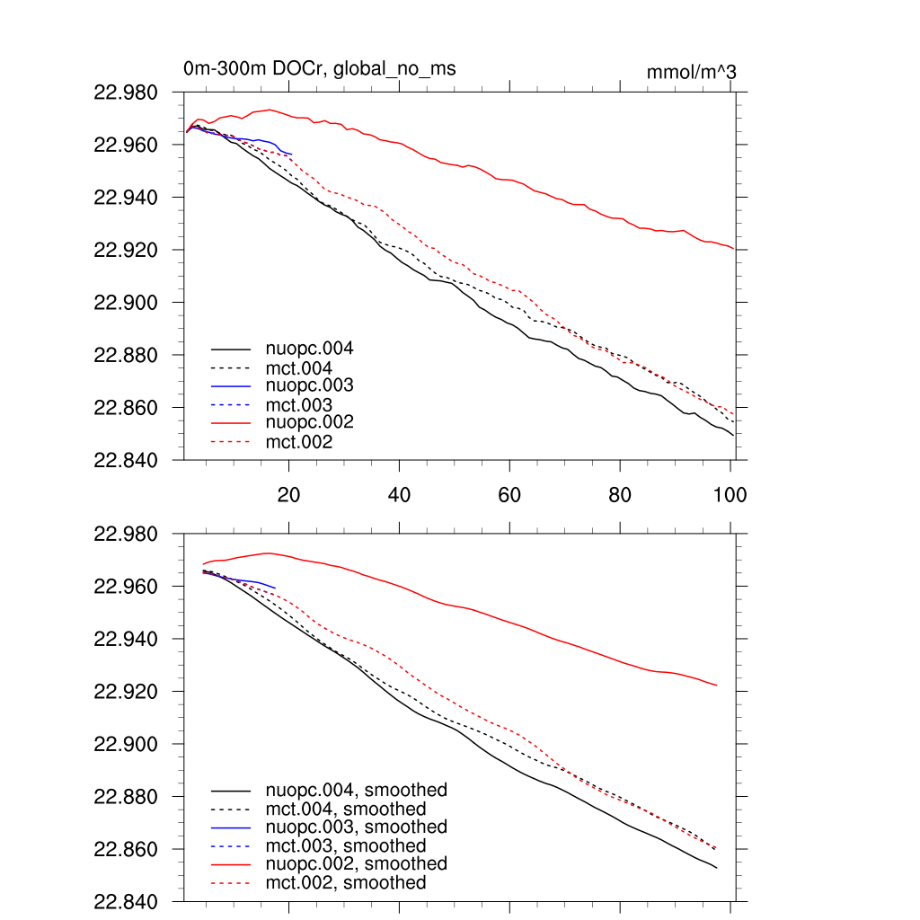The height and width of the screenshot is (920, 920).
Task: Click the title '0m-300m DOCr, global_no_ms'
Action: [325, 68]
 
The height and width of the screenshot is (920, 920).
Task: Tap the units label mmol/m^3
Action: [691, 72]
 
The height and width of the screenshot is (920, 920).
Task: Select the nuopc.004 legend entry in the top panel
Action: [309, 347]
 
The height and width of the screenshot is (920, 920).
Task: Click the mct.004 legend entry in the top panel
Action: [299, 368]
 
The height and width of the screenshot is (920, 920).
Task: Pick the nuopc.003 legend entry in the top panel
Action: [309, 385]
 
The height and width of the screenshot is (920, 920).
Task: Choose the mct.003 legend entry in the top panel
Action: [299, 405]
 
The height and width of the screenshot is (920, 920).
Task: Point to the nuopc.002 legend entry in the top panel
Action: [309, 421]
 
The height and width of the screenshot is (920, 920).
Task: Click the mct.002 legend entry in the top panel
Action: [299, 442]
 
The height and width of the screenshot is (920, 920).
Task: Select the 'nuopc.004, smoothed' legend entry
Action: [356, 791]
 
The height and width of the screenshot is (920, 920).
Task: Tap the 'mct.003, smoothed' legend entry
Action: [346, 845]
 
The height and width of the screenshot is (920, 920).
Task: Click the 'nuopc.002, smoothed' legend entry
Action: [356, 863]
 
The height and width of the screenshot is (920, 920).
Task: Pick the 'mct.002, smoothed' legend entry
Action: [346, 883]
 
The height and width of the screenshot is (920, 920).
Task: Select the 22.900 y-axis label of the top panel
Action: [132, 303]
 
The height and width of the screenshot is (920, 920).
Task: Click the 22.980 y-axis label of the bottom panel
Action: [132, 535]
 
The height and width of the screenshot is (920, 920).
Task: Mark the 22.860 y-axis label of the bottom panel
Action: [132, 850]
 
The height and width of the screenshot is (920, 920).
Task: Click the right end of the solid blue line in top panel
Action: [292, 154]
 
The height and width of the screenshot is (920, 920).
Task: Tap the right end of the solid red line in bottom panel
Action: [717, 686]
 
